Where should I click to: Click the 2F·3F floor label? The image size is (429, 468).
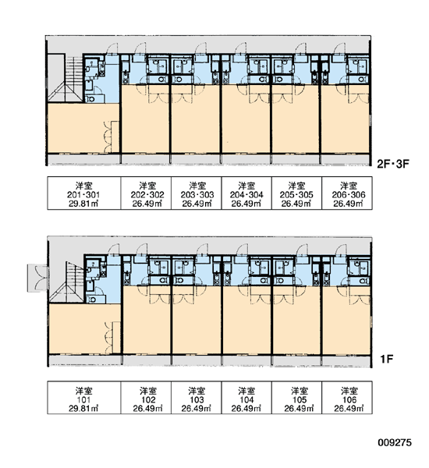pyautogui.click(x=392, y=164)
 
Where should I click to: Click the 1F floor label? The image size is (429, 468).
pyautogui.click(x=386, y=359)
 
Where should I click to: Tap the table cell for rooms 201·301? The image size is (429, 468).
pyautogui.click(x=84, y=193)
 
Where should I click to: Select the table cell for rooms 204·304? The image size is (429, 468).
pyautogui.click(x=246, y=193)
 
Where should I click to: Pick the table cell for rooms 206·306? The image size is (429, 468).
pyautogui.click(x=347, y=193)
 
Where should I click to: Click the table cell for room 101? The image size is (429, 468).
pyautogui.click(x=84, y=398)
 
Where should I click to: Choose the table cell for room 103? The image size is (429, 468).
pyautogui.click(x=197, y=398)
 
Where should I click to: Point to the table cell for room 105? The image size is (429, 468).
pyautogui.click(x=296, y=398)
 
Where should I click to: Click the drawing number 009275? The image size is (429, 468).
pyautogui.click(x=395, y=442)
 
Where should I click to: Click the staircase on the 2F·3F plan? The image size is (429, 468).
pyautogui.click(x=66, y=78)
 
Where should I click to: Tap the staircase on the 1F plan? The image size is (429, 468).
pyautogui.click(x=67, y=282)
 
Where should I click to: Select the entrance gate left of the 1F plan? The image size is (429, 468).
pyautogui.click(x=37, y=278)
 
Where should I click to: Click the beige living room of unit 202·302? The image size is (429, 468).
pyautogui.click(x=146, y=119)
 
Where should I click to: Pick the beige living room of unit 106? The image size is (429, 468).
pyautogui.click(x=346, y=321)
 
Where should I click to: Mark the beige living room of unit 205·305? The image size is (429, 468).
pyautogui.click(x=296, y=119)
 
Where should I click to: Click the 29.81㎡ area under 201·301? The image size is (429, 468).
pyautogui.click(x=84, y=204)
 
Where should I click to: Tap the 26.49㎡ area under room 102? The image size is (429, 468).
pyautogui.click(x=147, y=409)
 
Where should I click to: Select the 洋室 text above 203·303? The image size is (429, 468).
pyautogui.click(x=197, y=186)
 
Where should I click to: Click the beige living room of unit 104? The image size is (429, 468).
pyautogui.click(x=246, y=321)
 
